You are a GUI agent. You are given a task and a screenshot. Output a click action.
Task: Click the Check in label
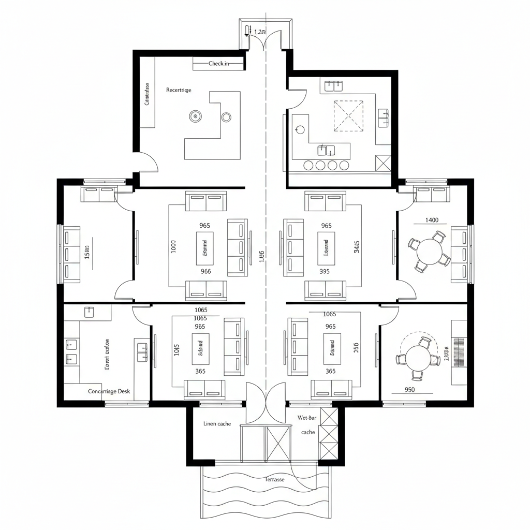218,64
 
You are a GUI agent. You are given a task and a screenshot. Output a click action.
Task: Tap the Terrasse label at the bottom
274,479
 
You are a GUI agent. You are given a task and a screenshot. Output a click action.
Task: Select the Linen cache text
217,424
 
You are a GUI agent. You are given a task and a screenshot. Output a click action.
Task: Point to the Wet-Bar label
307,417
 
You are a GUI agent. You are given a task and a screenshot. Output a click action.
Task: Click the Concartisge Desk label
109,391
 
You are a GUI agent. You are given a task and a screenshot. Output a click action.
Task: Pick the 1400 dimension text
432,220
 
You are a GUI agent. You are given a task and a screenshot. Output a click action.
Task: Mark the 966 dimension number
205,271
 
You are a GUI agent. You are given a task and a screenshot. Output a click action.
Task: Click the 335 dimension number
325,271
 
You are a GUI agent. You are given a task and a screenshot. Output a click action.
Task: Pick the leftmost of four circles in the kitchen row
308,166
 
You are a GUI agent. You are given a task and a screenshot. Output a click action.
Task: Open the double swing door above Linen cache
266,403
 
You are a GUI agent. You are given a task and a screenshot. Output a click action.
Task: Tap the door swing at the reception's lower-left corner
149,162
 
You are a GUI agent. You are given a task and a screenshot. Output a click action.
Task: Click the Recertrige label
179,90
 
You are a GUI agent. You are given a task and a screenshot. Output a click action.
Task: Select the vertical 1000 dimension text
173,247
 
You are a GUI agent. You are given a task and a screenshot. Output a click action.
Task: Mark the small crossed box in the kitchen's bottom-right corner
384,163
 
